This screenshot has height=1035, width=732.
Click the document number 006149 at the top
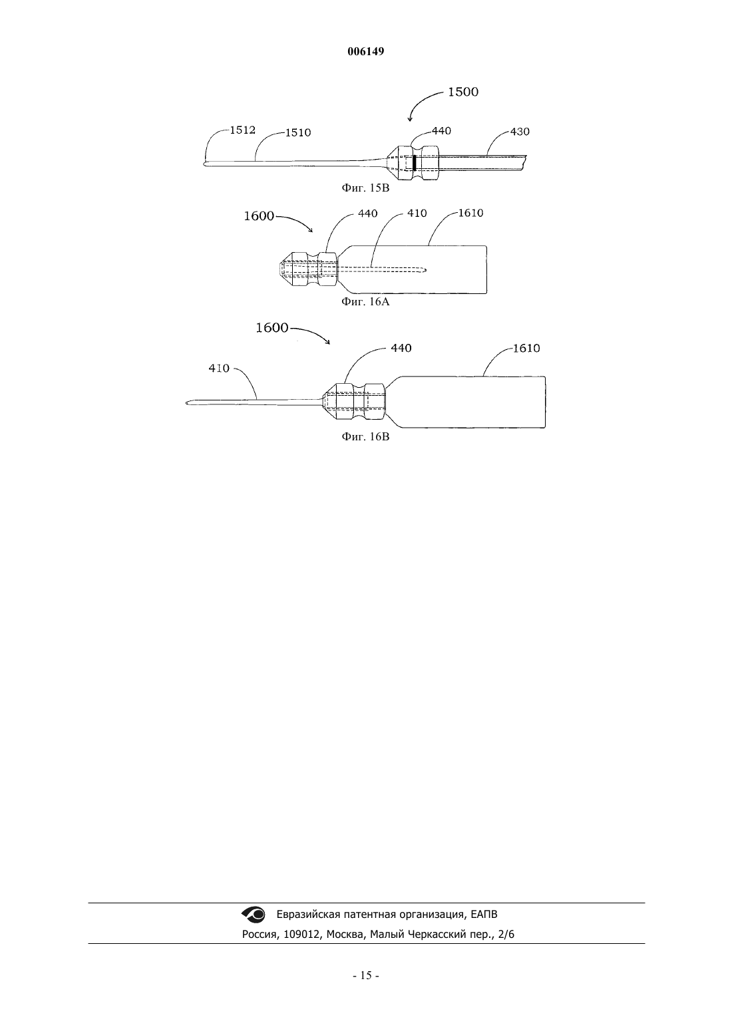pyautogui.click(x=365, y=51)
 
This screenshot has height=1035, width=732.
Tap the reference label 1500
pyautogui.click(x=463, y=92)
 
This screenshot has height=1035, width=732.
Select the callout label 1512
pyautogui.click(x=243, y=130)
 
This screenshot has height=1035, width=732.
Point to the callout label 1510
pyautogui.click(x=298, y=132)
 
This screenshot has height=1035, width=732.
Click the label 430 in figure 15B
pyautogui.click(x=520, y=132)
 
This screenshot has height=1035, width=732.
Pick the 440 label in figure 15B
pyautogui.click(x=441, y=131)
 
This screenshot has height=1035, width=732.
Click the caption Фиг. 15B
pyautogui.click(x=365, y=188)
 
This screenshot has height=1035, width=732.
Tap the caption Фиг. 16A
pyautogui.click(x=365, y=302)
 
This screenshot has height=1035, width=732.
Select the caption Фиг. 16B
pyautogui.click(x=365, y=436)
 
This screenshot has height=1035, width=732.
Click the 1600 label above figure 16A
pyautogui.click(x=259, y=216)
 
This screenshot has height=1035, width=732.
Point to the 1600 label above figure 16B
pyautogui.click(x=272, y=328)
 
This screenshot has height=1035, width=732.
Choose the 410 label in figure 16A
pyautogui.click(x=417, y=213)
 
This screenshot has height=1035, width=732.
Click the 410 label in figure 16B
pyautogui.click(x=219, y=369)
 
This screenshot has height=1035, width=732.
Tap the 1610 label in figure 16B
pyautogui.click(x=526, y=349)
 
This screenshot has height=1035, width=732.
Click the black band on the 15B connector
pyautogui.click(x=415, y=163)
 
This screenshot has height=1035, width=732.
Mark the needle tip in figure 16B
pyautogui.click(x=186, y=403)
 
